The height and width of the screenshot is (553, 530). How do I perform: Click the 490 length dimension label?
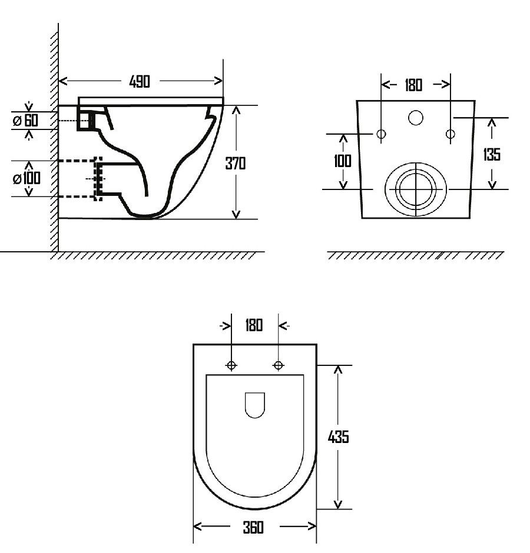point(140,81)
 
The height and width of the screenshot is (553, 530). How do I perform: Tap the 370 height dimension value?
point(235,164)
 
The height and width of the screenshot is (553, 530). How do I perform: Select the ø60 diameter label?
point(25,121)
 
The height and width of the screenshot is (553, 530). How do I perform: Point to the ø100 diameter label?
point(26,178)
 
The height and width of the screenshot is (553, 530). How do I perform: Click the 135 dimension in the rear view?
point(492,154)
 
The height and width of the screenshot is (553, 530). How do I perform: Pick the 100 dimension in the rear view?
point(343,161)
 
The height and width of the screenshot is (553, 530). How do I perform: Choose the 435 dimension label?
point(338,437)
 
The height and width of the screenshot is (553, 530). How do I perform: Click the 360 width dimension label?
point(253,527)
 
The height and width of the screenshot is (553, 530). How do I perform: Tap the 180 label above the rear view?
point(413,85)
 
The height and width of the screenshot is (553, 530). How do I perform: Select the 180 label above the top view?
point(254,325)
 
